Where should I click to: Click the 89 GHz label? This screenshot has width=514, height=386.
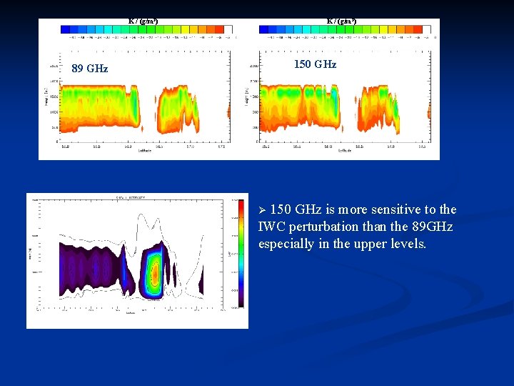[x=90, y=69]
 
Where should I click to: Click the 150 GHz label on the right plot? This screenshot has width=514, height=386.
[x=315, y=64]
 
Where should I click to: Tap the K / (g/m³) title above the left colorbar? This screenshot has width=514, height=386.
[x=143, y=21]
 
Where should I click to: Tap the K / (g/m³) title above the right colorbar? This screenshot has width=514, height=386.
[x=341, y=21]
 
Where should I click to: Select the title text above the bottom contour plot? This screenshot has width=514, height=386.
[x=130, y=196]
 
